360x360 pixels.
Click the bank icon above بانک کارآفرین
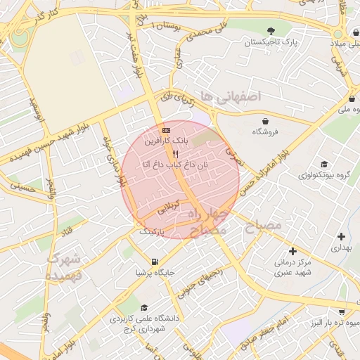[166, 130]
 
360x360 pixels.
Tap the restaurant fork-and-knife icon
[175, 153]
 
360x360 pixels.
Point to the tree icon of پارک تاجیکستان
[271, 30]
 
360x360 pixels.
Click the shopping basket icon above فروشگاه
[265, 120]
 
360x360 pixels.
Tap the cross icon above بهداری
[341, 236]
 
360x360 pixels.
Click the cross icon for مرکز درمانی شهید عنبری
[292, 251]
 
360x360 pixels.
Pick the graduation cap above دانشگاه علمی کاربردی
[144, 308]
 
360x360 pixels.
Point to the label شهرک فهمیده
[64, 268]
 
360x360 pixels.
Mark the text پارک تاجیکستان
[271, 43]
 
